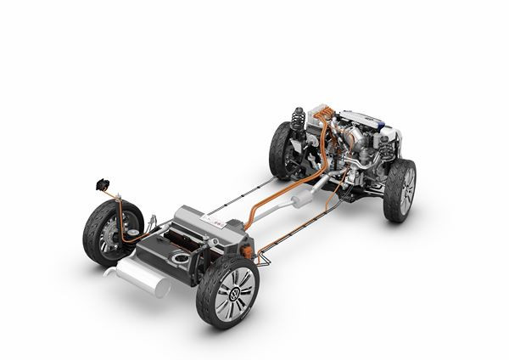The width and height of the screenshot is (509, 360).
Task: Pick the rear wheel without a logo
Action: click(104, 233)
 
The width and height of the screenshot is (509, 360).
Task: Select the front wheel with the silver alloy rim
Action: click(401, 190)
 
